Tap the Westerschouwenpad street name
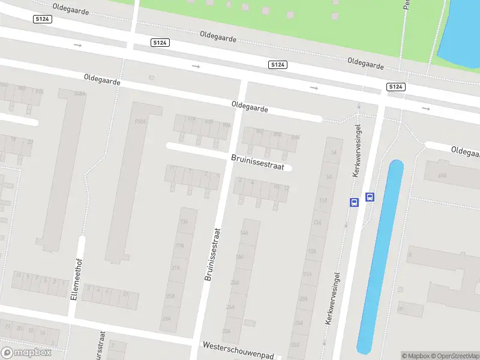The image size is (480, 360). coord(238,346)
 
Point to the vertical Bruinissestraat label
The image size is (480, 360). coord(213,254)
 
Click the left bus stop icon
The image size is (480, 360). coord(354,202)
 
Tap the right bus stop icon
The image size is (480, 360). coord(370,197)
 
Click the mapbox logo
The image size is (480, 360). coord(26,353)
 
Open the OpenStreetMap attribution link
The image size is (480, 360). coord(454,356)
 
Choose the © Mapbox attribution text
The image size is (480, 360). coord(415,356)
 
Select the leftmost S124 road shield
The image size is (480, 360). coord(41,20)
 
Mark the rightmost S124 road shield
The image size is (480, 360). coord(395,87)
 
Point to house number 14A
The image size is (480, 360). coord(244,232)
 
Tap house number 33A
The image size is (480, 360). coord(295,345)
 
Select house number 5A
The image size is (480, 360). coord(329,177)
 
